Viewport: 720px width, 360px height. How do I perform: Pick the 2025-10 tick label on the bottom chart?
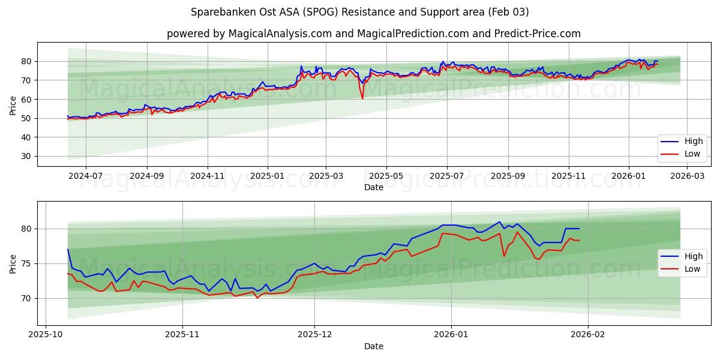pyautogui.click(x=46, y=335)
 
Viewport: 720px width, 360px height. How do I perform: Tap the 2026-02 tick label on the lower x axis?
pyautogui.click(x=588, y=335)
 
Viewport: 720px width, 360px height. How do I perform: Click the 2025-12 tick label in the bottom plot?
pyautogui.click(x=314, y=335)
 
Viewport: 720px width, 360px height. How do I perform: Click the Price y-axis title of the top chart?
pyautogui.click(x=13, y=104)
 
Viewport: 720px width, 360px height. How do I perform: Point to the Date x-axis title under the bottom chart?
pyautogui.click(x=373, y=346)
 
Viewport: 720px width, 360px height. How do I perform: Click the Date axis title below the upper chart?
pyautogui.click(x=373, y=187)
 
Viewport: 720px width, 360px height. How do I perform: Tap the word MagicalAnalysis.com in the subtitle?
pyautogui.click(x=280, y=34)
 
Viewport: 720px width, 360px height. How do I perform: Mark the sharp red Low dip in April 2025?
pyautogui.click(x=362, y=98)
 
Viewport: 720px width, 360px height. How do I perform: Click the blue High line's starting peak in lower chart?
pyautogui.click(x=68, y=249)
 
